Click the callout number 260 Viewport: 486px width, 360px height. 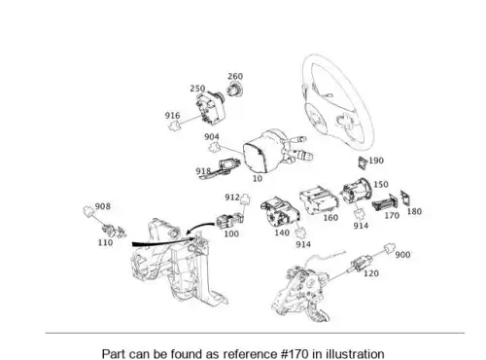click(235, 76)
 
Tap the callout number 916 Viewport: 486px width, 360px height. click(172, 116)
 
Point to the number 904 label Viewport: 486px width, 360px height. click(212, 137)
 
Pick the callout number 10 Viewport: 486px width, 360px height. click(258, 178)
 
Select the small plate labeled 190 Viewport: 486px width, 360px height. click(363, 162)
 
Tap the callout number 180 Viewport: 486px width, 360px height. click(414, 211)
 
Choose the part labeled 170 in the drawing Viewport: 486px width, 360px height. click(384, 202)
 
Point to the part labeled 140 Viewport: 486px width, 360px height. click(280, 212)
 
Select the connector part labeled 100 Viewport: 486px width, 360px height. click(229, 220)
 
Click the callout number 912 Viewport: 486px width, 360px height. click(232, 198)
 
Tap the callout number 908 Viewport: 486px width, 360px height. click(103, 206)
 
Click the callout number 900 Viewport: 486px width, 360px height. click(402, 255)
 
